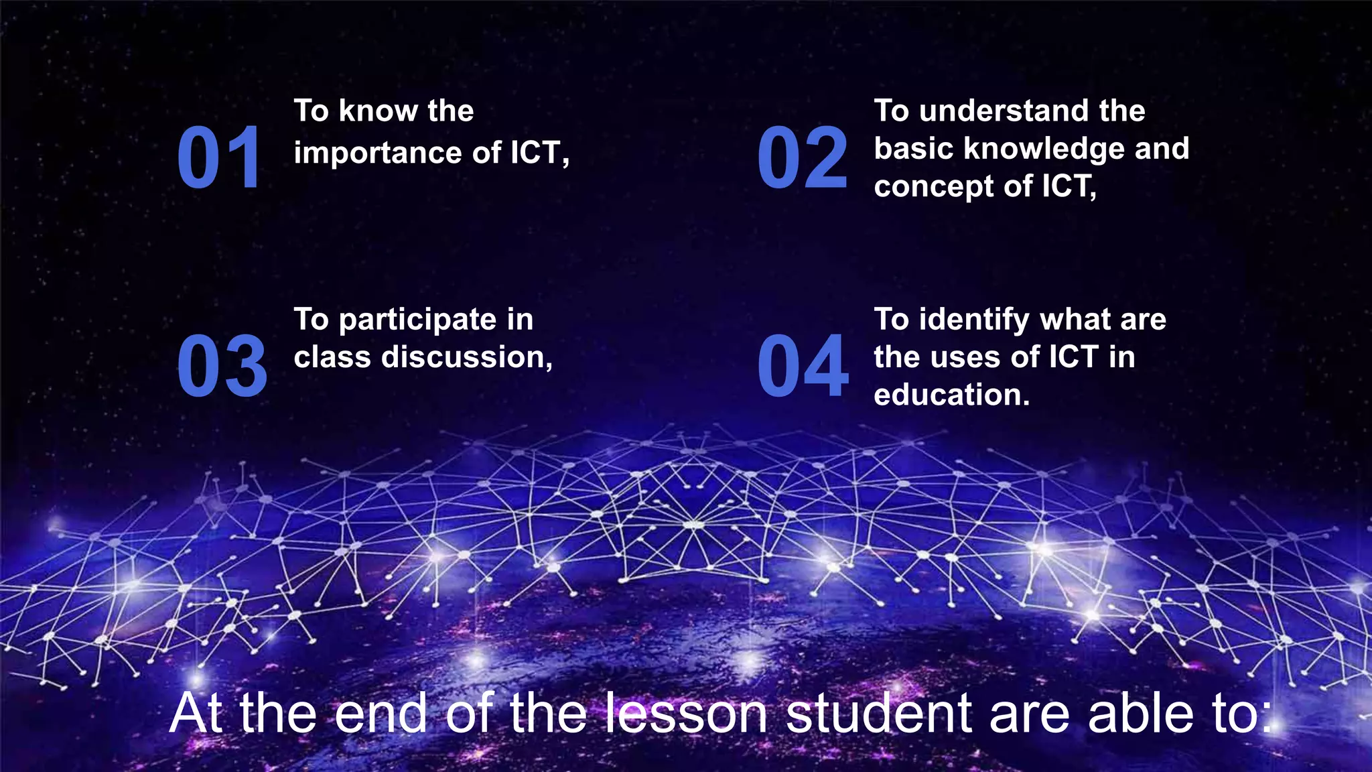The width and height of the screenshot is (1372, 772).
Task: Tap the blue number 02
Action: [x=802, y=158]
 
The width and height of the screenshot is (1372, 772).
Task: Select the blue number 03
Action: [x=222, y=367]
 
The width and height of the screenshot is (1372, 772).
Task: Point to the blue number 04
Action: [x=803, y=367]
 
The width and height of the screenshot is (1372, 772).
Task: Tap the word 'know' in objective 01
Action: [x=378, y=111]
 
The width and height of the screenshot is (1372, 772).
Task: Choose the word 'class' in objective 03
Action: [x=332, y=357]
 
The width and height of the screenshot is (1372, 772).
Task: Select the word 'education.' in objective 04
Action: [x=951, y=395]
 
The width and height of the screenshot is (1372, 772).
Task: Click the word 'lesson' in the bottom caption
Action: [x=687, y=713]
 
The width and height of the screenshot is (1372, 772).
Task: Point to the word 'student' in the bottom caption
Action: [x=878, y=713]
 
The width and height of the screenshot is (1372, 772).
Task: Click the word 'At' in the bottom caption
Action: [x=196, y=713]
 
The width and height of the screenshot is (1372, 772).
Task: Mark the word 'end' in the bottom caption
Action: [x=381, y=713]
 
